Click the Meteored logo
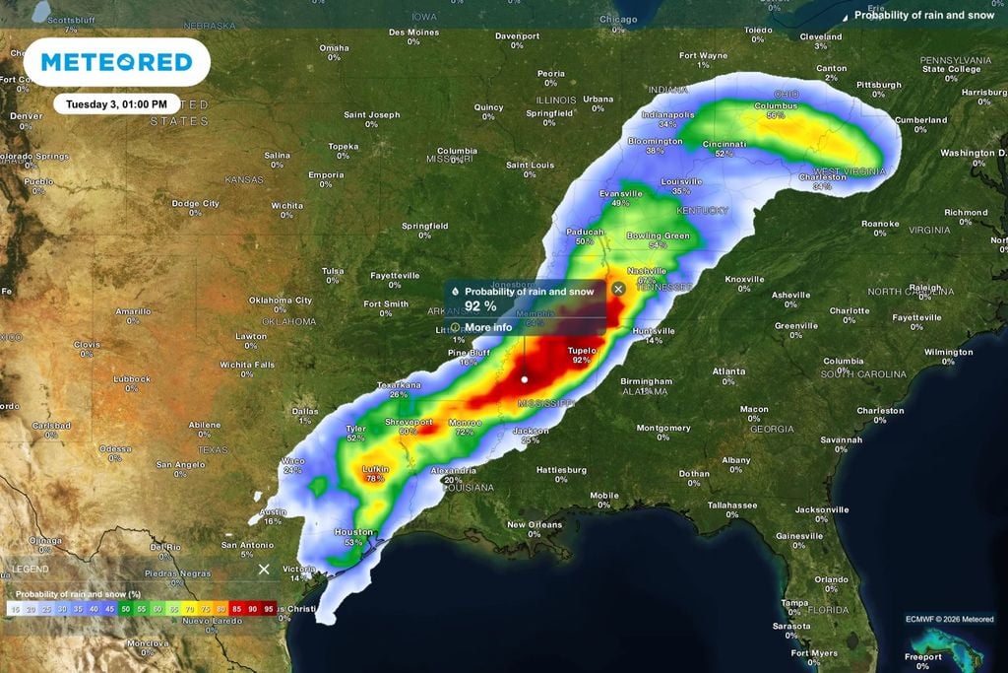tap(116, 62)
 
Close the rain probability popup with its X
tap(618, 289)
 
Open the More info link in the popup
tap(487, 327)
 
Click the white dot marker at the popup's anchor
tap(525, 378)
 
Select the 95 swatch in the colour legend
tap(269, 610)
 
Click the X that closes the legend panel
tap(264, 570)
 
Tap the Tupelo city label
tap(582, 350)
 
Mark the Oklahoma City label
tap(280, 300)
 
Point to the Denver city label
tap(26, 115)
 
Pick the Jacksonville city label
tap(821, 509)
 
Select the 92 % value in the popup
tap(480, 306)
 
